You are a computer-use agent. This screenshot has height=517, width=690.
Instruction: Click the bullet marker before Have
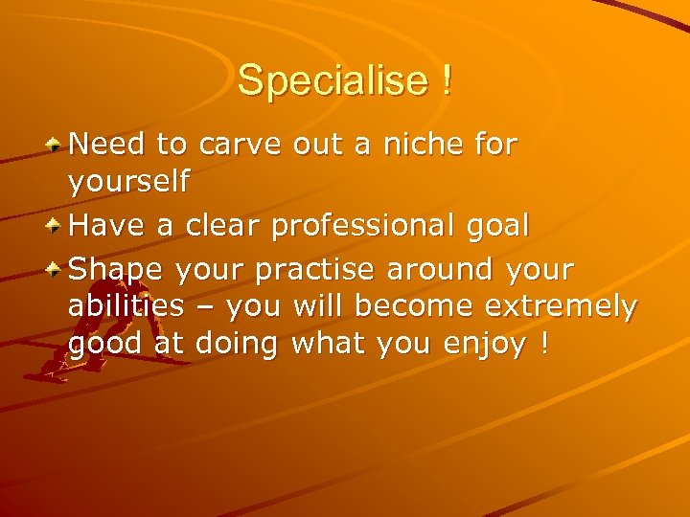tap(57, 226)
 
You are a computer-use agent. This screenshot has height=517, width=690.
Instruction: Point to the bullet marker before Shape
tap(57, 267)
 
